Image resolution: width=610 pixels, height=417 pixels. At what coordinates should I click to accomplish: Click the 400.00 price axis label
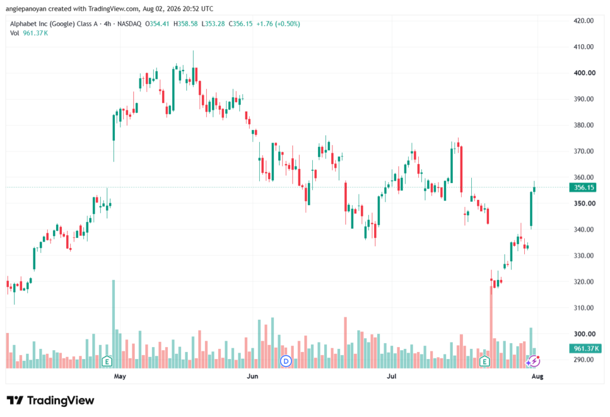coord(584,73)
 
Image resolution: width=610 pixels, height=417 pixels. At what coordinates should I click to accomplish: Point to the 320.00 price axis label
coord(584,282)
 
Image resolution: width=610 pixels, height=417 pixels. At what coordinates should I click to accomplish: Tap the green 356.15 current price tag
coord(584,187)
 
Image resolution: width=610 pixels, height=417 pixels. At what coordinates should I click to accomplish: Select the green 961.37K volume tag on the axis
coord(585,348)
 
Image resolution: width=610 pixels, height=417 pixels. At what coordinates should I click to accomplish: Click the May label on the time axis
coord(120,376)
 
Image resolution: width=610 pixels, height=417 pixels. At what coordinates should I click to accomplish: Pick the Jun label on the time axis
coord(253,376)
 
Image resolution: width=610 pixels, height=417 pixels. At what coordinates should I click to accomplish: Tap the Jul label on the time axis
coord(391,376)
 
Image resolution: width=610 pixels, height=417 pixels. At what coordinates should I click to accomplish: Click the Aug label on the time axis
coord(537,376)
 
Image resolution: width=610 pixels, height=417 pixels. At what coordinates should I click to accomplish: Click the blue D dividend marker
coord(286,362)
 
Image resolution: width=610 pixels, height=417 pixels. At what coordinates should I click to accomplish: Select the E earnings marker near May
coord(107,362)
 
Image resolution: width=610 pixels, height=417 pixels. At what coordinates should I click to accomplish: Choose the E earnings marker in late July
coord(484,362)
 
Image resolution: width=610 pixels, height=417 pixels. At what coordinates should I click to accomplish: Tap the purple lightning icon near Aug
coord(534,361)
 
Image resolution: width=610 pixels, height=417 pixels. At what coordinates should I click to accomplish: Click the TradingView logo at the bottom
coord(51,400)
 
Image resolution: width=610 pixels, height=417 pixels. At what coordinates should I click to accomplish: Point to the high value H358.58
coord(186,24)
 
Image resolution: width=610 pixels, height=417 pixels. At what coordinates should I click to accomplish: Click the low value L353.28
coord(213,24)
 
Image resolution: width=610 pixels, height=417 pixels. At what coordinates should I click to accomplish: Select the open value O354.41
coord(157,24)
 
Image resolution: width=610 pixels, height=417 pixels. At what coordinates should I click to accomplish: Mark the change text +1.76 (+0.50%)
coord(278,24)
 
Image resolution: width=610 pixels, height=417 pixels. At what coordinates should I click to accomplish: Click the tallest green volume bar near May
coord(114,324)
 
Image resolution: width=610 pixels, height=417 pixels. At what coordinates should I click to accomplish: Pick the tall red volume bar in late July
coord(491,328)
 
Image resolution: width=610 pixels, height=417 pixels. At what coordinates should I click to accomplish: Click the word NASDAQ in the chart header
coord(129,24)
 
